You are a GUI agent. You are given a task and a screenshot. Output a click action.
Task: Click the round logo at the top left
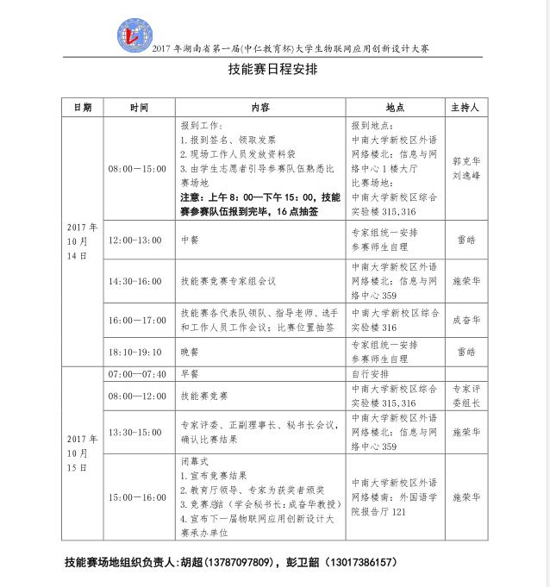tap(134, 33)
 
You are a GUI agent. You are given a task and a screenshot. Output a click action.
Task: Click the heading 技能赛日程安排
tap(275, 72)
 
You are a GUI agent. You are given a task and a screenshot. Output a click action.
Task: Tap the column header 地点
tap(395, 108)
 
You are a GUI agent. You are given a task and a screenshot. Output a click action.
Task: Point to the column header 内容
tap(259, 108)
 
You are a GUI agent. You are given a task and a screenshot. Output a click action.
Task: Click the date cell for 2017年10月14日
tap(82, 242)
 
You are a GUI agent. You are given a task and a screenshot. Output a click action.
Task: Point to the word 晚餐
tap(190, 353)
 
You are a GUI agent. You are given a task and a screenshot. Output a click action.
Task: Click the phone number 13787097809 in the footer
tap(241, 562)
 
